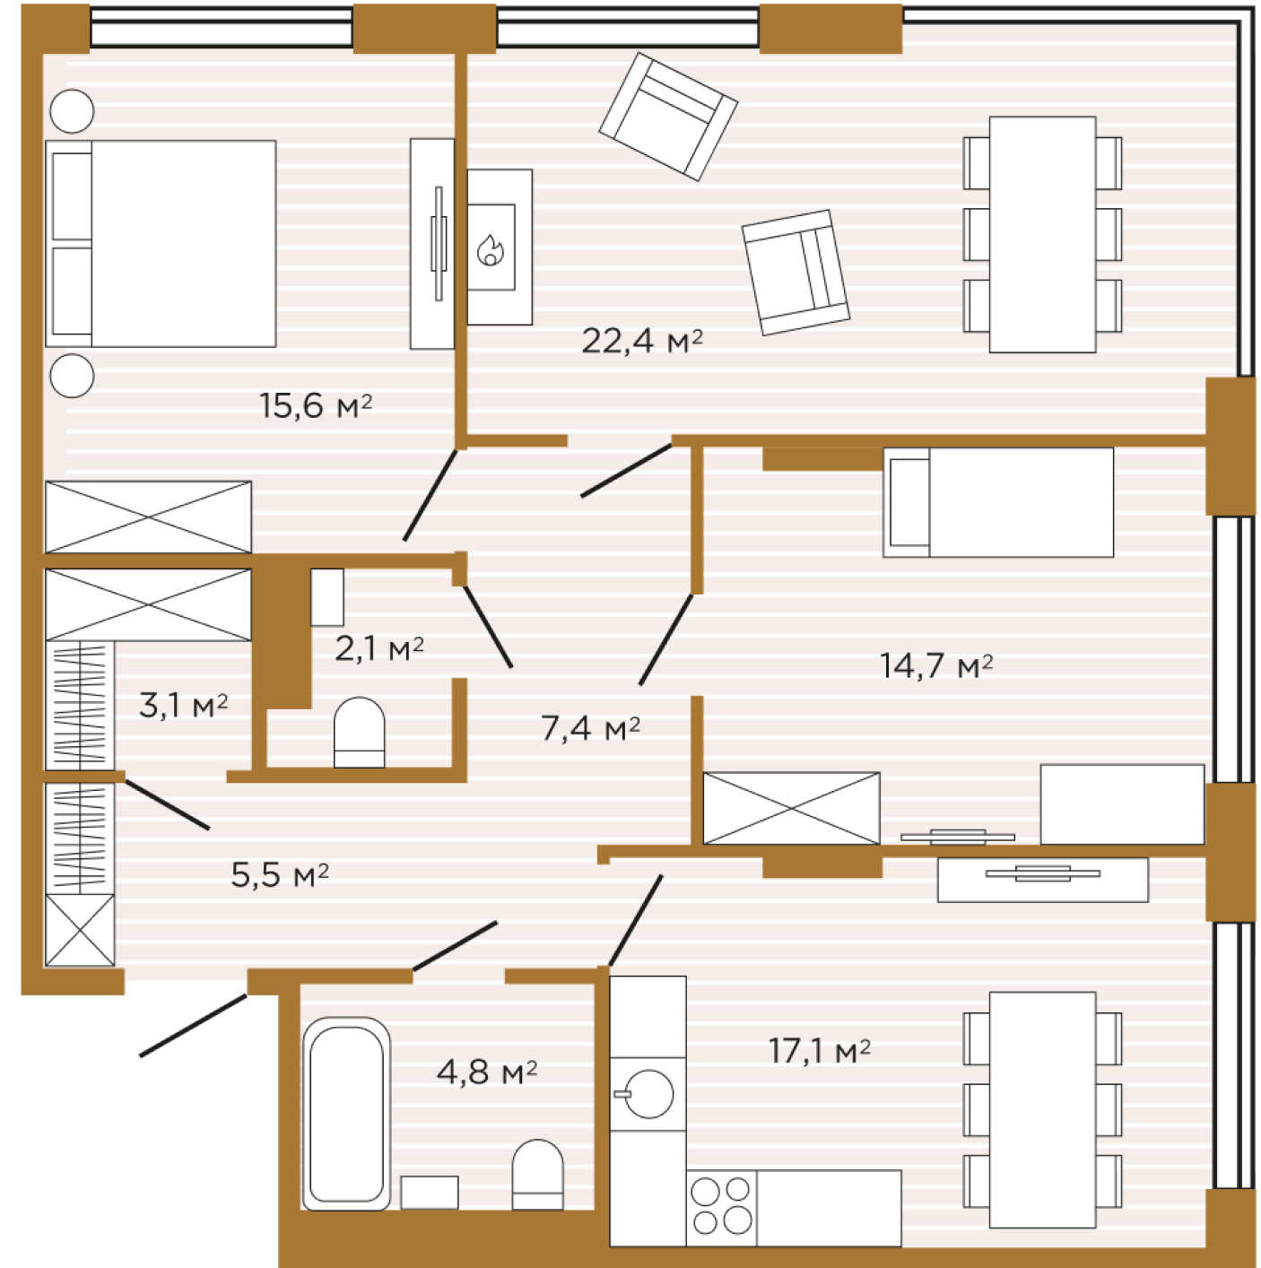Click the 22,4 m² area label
pyautogui.click(x=641, y=341)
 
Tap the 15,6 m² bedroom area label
pyautogui.click(x=316, y=405)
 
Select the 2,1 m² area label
pyautogui.click(x=379, y=649)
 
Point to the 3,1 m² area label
pyautogui.click(x=183, y=706)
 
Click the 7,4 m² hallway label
pyautogui.click(x=590, y=728)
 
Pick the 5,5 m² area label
pyautogui.click(x=280, y=875)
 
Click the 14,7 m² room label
pyautogui.click(x=935, y=665)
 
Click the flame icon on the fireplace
pyautogui.click(x=491, y=249)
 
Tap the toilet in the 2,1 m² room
pyautogui.click(x=359, y=732)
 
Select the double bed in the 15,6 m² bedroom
pyautogui.click(x=161, y=243)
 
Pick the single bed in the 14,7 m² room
pyautogui.click(x=997, y=503)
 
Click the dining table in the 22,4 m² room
pyautogui.click(x=1042, y=235)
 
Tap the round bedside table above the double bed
pyautogui.click(x=73, y=111)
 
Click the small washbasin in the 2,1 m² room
pyautogui.click(x=327, y=597)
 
